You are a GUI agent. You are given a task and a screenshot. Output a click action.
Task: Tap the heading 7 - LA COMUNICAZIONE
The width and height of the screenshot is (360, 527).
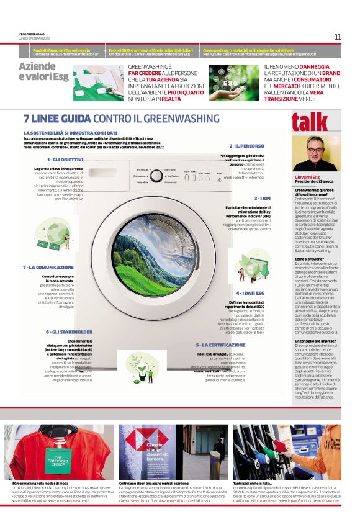tap(48, 267)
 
